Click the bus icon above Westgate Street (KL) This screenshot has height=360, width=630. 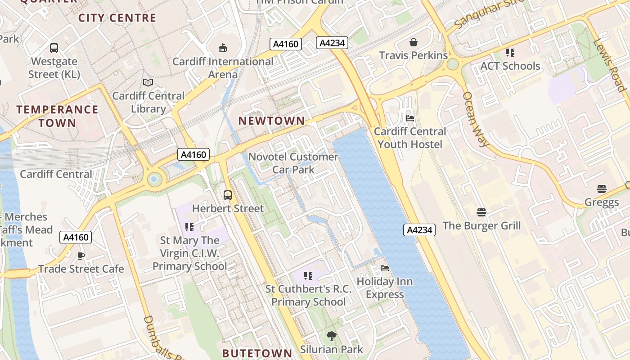point(54,48)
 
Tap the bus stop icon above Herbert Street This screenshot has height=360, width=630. point(228,195)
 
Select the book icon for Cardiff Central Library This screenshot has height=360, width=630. point(148,82)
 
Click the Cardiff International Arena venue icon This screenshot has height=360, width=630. point(222,48)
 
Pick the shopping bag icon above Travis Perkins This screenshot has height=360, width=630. point(413,42)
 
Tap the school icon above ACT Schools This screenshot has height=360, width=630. point(510,53)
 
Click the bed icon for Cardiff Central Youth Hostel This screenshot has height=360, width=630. point(410,118)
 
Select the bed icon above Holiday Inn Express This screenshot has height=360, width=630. point(385,268)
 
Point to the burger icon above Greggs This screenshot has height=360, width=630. point(602,189)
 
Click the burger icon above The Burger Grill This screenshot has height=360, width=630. point(481,212)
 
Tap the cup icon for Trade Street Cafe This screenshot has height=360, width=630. point(81,256)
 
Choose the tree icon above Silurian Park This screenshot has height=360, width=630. point(332,336)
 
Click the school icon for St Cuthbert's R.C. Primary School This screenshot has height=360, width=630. point(308,275)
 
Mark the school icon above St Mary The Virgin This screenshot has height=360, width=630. point(189,227)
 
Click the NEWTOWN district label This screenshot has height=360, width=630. point(271,121)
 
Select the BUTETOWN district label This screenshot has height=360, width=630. point(257,353)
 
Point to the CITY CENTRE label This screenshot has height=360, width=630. point(117,18)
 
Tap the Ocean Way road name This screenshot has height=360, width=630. point(475,119)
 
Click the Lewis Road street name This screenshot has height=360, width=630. point(610,65)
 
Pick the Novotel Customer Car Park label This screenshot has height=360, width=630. point(293,163)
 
